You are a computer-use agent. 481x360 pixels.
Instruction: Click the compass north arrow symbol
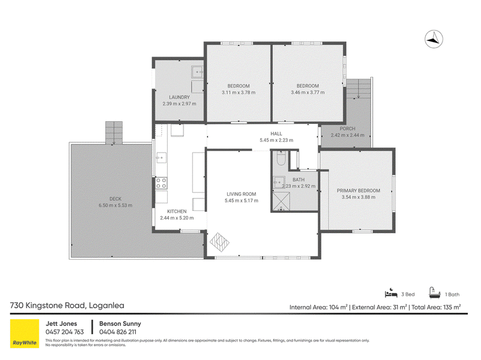[x=434, y=39]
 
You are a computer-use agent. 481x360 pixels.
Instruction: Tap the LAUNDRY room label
[x=179, y=97]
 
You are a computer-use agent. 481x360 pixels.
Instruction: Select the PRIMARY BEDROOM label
[x=358, y=191]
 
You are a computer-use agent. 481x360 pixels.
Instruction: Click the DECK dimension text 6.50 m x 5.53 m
[x=115, y=206]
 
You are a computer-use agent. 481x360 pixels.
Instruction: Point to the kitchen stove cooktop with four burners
[x=161, y=183]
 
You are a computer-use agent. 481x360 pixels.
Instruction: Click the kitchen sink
[x=161, y=157]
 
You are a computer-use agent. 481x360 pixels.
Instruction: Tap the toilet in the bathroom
[x=281, y=158]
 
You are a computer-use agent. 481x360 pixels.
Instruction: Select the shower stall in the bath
[x=281, y=201]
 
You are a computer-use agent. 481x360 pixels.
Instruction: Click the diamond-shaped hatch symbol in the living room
[x=219, y=242]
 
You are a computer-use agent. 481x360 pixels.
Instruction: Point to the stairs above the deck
[x=114, y=132]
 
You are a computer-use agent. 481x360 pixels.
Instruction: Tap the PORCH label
[x=348, y=129]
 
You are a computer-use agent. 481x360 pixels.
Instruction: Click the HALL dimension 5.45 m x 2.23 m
[x=277, y=140]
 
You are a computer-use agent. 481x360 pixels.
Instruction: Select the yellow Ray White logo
[x=25, y=334]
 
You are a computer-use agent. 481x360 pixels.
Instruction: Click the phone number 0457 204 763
[x=64, y=332]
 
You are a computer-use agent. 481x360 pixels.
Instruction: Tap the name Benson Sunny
[x=120, y=323]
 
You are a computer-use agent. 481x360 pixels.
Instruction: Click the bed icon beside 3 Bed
[x=391, y=293]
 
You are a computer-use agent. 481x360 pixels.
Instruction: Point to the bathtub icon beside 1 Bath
[x=434, y=293]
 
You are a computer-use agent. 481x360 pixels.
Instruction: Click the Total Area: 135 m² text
[x=436, y=307]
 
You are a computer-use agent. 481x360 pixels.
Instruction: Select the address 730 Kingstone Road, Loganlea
[x=67, y=305]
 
